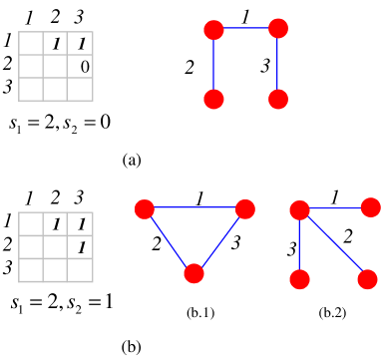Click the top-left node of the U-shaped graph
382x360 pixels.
[x=213, y=30]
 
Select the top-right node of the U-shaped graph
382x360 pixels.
[x=278, y=28]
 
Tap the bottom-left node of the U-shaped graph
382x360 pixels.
[x=213, y=99]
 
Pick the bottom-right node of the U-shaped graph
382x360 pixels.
[x=278, y=99]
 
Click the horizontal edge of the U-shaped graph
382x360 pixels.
[x=245, y=29]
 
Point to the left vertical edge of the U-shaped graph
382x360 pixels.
[x=213, y=65]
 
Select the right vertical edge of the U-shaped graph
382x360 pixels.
[x=278, y=64]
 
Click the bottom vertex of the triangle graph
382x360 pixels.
[x=194, y=273]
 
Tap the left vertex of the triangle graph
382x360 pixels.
[x=145, y=208]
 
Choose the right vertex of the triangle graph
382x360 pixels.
[x=245, y=208]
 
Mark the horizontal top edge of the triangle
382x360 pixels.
[x=194, y=208]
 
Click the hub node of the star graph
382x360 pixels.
[x=299, y=209]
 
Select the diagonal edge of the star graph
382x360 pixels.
[x=333, y=244]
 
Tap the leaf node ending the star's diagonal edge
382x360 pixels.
[x=367, y=279]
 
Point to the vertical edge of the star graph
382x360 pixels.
[x=299, y=244]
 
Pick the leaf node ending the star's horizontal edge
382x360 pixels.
[x=370, y=207]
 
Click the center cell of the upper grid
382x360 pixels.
[x=55, y=66]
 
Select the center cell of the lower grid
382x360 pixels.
[x=55, y=246]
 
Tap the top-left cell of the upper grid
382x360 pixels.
[x=31, y=43]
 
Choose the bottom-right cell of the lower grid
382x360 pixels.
[x=80, y=270]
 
